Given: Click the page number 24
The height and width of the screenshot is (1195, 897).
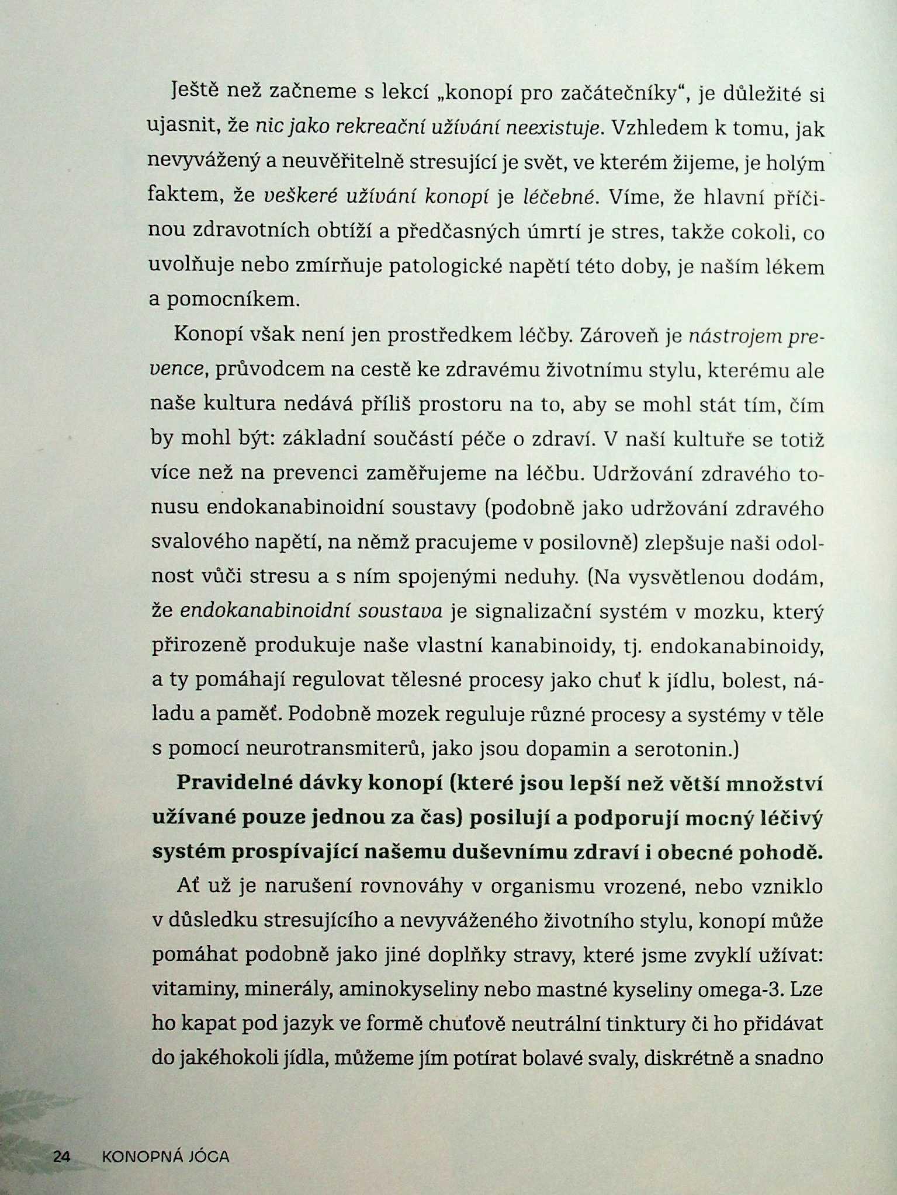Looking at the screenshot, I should click(x=62, y=1156).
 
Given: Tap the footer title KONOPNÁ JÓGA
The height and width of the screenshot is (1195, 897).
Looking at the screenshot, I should click(x=165, y=1156).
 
